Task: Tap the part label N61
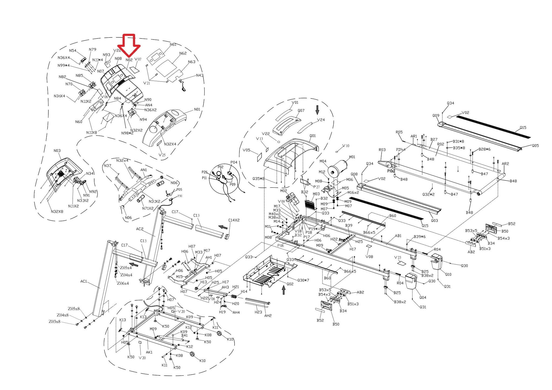pos(173,44)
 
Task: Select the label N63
pos(192,62)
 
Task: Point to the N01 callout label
pos(197,109)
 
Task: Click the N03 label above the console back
pos(57,151)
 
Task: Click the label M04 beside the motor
pos(323,161)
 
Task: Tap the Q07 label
pos(301,110)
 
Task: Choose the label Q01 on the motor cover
pos(312,136)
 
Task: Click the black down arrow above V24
pos(317,110)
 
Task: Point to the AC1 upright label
pos(84,281)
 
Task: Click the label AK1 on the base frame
pos(149,352)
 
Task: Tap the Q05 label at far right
pos(535,146)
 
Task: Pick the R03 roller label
pos(382,150)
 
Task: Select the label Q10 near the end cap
pos(448,274)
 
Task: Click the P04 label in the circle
pos(234,162)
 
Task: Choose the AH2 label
pos(268,315)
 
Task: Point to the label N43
pos(200,75)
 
